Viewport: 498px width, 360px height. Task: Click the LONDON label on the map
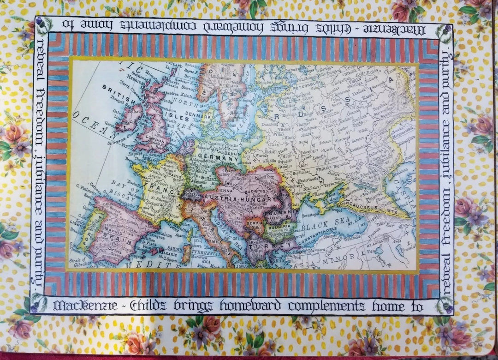[154, 137]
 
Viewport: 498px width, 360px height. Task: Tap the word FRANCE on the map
[156, 186]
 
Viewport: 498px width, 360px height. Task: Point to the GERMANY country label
[217, 158]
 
